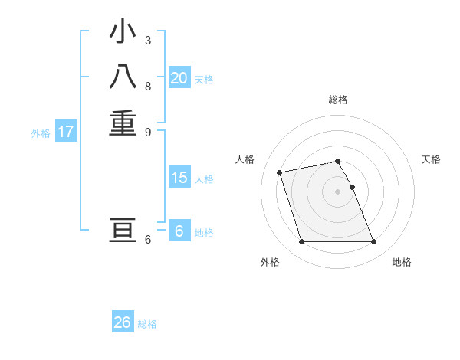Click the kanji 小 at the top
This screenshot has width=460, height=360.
click(x=123, y=32)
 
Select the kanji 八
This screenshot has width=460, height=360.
click(x=123, y=77)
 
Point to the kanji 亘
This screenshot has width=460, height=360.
click(x=123, y=231)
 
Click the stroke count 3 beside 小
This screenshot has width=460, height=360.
click(x=148, y=40)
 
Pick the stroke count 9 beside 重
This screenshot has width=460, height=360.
click(x=148, y=131)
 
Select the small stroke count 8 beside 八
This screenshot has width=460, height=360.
click(x=148, y=86)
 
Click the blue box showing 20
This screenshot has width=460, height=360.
click(x=179, y=78)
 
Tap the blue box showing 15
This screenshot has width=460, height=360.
click(x=179, y=178)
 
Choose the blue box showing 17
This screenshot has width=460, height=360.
click(x=66, y=132)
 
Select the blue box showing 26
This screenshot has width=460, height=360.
click(x=123, y=322)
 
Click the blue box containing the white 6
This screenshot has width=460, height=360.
click(x=179, y=231)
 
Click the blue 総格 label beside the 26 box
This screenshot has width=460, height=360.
click(x=148, y=324)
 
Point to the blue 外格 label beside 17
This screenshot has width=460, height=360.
click(x=41, y=133)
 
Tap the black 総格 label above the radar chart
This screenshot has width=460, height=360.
click(x=338, y=100)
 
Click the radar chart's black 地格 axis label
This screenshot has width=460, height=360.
click(x=402, y=263)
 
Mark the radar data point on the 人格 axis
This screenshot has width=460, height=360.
click(x=280, y=172)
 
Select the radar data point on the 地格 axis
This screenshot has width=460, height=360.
click(x=373, y=242)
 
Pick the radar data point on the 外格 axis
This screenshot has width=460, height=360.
click(x=301, y=242)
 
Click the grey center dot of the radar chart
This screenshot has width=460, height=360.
click(x=338, y=191)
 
